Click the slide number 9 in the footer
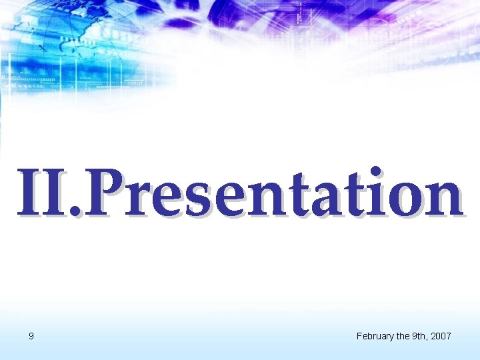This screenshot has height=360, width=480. point(31,336)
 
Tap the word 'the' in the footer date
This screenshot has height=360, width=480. point(404,336)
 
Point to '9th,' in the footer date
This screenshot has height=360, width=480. point(420,336)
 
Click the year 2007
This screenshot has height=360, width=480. point(441,336)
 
